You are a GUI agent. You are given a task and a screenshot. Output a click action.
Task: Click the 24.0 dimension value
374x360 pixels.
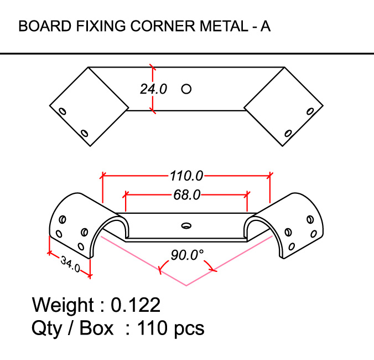coord(153,89)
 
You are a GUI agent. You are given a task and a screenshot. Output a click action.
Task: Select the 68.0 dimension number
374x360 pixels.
coord(186,195)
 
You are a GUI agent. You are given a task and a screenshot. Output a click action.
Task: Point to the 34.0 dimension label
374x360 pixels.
coord(70,264)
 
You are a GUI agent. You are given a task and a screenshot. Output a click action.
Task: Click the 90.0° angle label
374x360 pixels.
coord(186,255)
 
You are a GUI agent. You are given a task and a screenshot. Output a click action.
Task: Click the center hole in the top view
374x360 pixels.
coord(186,88)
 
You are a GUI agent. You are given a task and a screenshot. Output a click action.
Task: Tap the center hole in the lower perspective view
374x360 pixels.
coord(186,225)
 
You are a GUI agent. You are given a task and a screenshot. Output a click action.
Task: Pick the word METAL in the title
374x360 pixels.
coord(214,26)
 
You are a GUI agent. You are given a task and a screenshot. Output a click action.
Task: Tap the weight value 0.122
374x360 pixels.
coord(136,305)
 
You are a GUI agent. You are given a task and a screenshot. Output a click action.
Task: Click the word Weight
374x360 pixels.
coord(63,305)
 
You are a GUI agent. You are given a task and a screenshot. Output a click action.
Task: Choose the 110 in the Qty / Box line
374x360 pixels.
coord(151,328)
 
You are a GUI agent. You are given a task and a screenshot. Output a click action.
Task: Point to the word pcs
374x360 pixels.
coord(188,328)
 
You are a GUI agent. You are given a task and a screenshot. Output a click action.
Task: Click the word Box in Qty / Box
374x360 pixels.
coord(97,328)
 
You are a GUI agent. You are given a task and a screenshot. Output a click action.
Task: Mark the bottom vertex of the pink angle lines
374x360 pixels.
coord(186,285)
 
